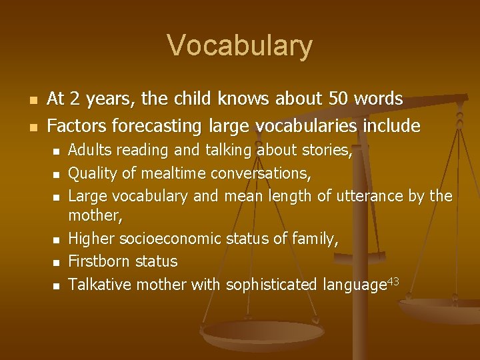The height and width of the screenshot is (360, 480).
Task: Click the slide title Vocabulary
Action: (x=239, y=46)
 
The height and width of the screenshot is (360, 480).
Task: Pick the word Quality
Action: (x=92, y=173)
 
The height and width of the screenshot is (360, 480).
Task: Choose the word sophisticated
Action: (x=271, y=285)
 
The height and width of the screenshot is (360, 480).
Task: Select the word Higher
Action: (x=90, y=239)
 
